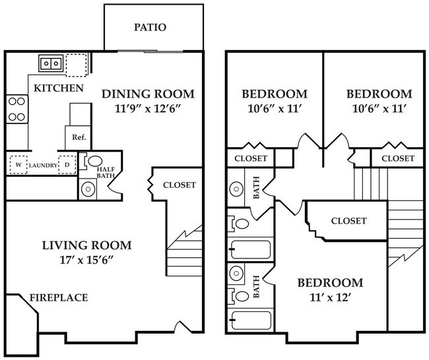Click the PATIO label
pyautogui.click(x=150, y=28)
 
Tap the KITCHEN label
pyautogui.click(x=59, y=88)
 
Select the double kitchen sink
pyautogui.click(x=51, y=64)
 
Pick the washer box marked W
pyautogui.click(x=18, y=164)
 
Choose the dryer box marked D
pyautogui.click(x=67, y=164)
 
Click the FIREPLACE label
pyautogui.click(x=58, y=298)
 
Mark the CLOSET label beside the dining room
pyautogui.click(x=179, y=185)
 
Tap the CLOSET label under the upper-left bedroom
pyautogui.click(x=251, y=158)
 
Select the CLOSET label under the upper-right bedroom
pyautogui.click(x=398, y=158)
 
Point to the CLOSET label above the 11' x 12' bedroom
pyautogui.click(x=348, y=221)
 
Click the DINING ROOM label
pyautogui.click(x=148, y=94)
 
